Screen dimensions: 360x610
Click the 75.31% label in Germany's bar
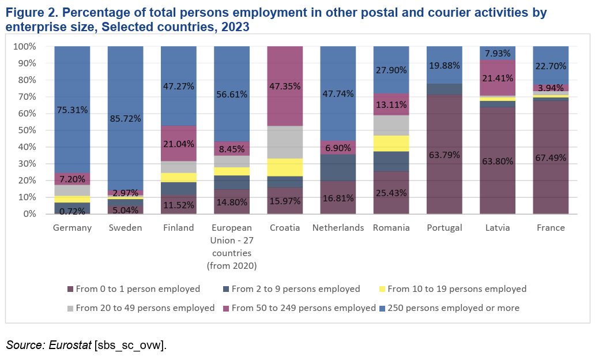tap(72, 110)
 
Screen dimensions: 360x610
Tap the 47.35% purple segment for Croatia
tap(285, 87)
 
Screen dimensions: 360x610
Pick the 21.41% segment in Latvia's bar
tap(497, 78)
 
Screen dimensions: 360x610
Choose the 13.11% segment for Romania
tap(391, 105)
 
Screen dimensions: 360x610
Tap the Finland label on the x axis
tap(178, 228)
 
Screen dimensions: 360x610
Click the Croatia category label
tap(285, 228)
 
